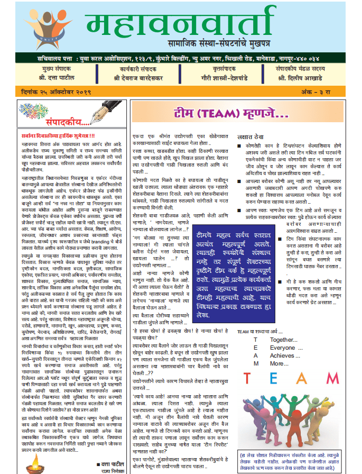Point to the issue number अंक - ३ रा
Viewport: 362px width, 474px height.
[327, 93]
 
